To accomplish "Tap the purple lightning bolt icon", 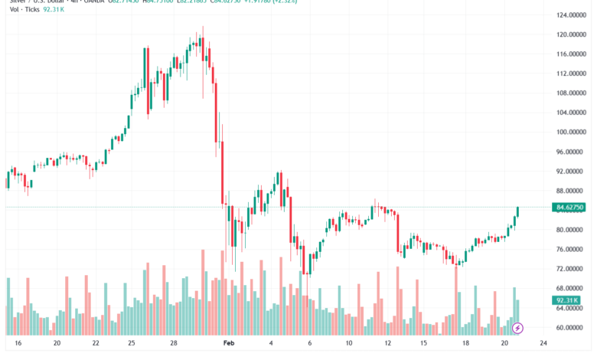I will tap(517, 328).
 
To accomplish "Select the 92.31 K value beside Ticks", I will tap(54, 11).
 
